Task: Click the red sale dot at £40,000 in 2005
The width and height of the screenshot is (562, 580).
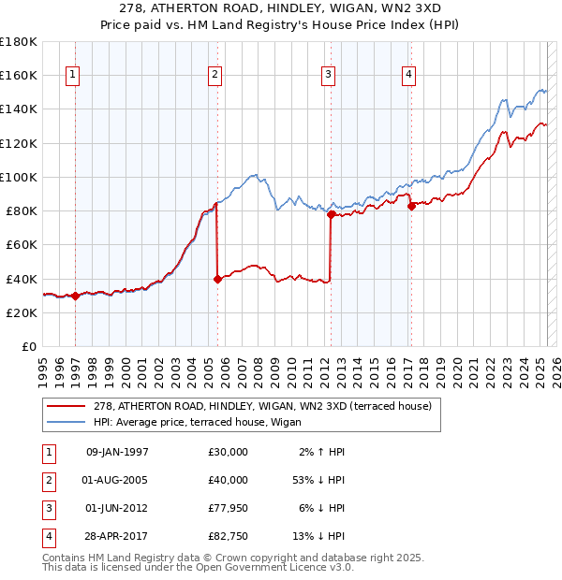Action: [217, 278]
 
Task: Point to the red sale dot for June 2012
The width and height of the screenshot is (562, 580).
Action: [331, 214]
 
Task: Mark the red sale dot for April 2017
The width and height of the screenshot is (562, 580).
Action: [411, 206]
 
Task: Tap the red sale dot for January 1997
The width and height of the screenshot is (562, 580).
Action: [75, 296]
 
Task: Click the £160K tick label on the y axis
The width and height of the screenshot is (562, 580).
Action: [19, 75]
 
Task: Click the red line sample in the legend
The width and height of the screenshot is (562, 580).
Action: [66, 406]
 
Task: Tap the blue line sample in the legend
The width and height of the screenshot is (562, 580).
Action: [66, 422]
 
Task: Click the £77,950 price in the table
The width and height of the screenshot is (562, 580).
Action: [228, 511]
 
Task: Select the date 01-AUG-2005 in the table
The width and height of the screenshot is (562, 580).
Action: [117, 481]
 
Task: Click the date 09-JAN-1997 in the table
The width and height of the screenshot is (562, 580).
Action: [117, 452]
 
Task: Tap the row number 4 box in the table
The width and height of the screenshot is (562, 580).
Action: [47, 537]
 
